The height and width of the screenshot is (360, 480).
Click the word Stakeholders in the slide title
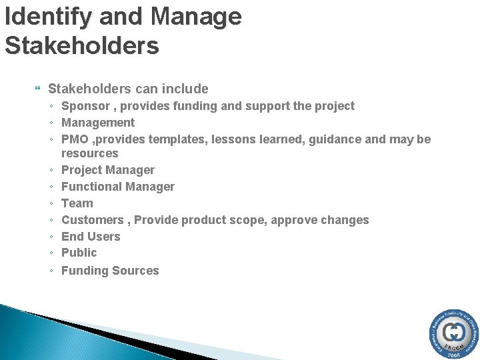click(82, 46)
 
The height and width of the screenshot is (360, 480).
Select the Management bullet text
click(98, 123)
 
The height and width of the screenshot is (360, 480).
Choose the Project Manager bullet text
click(108, 170)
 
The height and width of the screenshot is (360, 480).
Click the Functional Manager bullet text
click(118, 187)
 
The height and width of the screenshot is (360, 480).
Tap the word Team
click(77, 203)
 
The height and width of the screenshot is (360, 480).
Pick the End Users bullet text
click(91, 237)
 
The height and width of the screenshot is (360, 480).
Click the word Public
click(79, 253)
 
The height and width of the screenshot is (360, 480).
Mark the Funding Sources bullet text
click(110, 271)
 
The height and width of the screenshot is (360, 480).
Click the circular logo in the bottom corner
click(453, 335)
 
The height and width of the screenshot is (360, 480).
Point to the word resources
click(89, 153)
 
